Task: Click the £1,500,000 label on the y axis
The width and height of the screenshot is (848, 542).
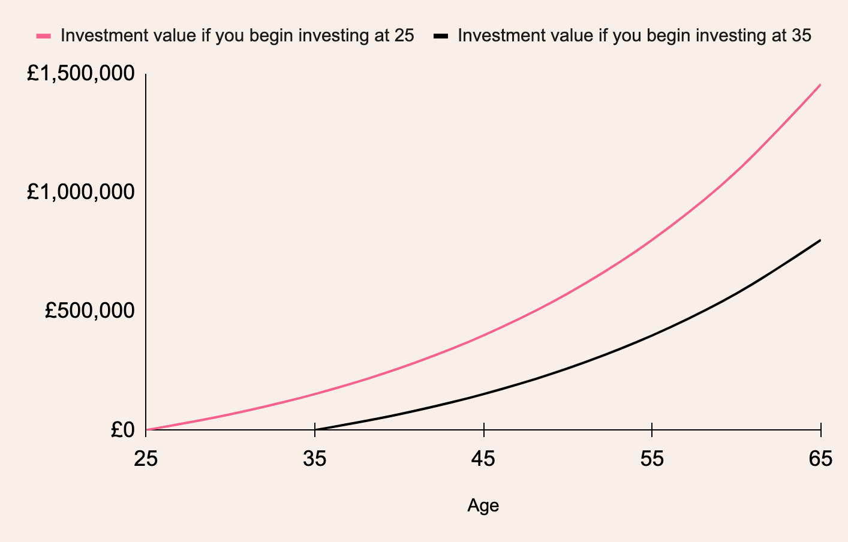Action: tap(80, 73)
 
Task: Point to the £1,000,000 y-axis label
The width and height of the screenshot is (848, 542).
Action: tap(80, 191)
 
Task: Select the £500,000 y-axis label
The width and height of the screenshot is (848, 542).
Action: tap(90, 311)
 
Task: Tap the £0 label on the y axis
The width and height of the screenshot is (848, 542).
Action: tap(123, 430)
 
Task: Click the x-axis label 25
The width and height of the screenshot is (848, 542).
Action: tap(146, 459)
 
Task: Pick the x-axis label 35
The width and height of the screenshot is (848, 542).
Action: tap(315, 459)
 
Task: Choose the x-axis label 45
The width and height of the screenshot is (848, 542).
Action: tap(483, 459)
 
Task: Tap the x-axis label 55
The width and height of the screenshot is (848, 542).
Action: tap(652, 459)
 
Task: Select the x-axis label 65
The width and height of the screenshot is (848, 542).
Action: tap(820, 459)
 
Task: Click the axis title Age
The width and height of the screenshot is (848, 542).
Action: tap(483, 505)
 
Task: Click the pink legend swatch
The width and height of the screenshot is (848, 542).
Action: tap(44, 37)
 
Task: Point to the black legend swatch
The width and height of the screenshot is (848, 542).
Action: tap(441, 37)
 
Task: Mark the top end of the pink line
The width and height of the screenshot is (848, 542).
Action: tap(820, 85)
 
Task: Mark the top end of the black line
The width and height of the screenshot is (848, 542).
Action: tap(820, 240)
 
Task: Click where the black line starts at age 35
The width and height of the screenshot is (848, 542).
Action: tap(315, 430)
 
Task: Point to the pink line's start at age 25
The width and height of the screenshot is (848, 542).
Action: tap(146, 430)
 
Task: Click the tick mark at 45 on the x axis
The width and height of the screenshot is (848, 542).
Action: tap(484, 430)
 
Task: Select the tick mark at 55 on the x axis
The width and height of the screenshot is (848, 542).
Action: tap(652, 430)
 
